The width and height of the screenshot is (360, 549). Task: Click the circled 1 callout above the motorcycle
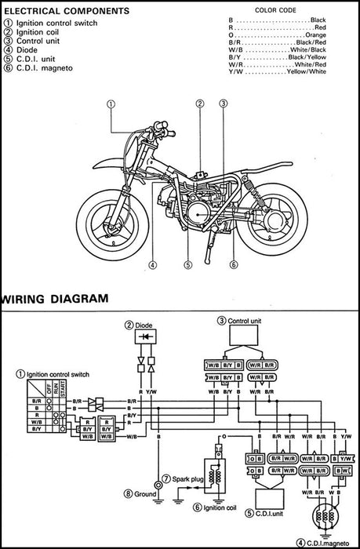pos(111,104)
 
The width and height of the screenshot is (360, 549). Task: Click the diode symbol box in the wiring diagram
pos(146,338)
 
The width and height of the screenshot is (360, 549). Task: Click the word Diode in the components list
pos(24,51)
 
